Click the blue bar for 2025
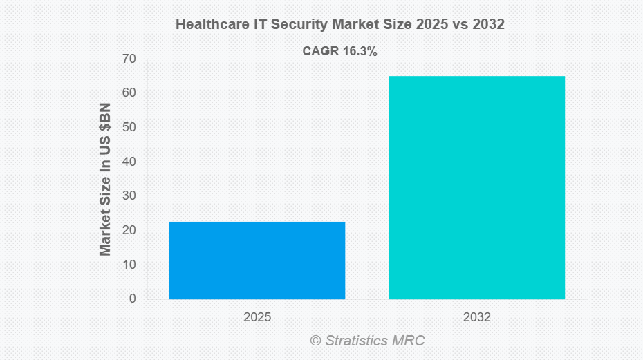(x=257, y=260)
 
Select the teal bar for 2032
(x=476, y=187)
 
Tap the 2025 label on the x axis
(x=257, y=318)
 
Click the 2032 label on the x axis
(x=477, y=318)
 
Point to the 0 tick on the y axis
(x=132, y=299)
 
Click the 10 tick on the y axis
(x=129, y=265)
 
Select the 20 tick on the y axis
(x=129, y=230)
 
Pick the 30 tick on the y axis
(x=129, y=196)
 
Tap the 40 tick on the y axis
(x=129, y=162)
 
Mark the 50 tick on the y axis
(x=129, y=127)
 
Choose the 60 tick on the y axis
(x=129, y=93)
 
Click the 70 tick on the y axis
(x=129, y=59)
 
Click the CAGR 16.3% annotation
(x=339, y=51)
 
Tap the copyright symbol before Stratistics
(x=315, y=341)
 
